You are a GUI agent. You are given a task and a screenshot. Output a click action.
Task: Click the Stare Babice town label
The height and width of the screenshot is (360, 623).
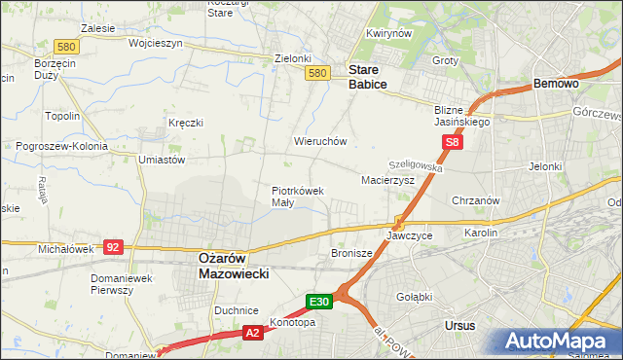(x=368, y=78)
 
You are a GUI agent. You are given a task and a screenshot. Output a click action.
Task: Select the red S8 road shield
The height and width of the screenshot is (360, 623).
(x=451, y=143)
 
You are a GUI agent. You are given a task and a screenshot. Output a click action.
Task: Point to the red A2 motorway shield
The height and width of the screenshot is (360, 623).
(x=253, y=334)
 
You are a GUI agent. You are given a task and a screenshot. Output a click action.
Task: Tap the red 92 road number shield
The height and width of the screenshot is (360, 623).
(x=114, y=248)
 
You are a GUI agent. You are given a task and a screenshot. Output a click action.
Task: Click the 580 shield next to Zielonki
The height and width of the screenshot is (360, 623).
(x=316, y=73)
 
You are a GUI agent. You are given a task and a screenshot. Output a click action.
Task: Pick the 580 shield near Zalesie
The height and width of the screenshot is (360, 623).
(x=66, y=46)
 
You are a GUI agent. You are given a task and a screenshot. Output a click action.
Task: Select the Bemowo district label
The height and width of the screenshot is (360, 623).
(x=557, y=85)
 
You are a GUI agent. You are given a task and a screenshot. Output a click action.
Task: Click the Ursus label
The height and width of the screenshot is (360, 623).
(x=458, y=325)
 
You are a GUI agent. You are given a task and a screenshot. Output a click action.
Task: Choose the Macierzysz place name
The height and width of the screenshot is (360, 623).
(x=387, y=180)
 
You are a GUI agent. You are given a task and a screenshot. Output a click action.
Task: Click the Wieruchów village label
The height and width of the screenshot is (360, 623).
(x=320, y=141)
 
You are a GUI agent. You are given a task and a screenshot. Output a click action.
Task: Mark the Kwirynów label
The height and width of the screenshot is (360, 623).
(x=385, y=33)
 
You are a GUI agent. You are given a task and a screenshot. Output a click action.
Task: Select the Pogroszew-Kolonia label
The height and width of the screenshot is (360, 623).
(x=60, y=146)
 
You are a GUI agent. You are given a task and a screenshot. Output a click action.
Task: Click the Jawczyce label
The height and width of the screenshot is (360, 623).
(x=409, y=235)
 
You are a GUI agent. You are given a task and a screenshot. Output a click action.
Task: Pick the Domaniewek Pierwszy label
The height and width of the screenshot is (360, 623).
(x=118, y=284)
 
